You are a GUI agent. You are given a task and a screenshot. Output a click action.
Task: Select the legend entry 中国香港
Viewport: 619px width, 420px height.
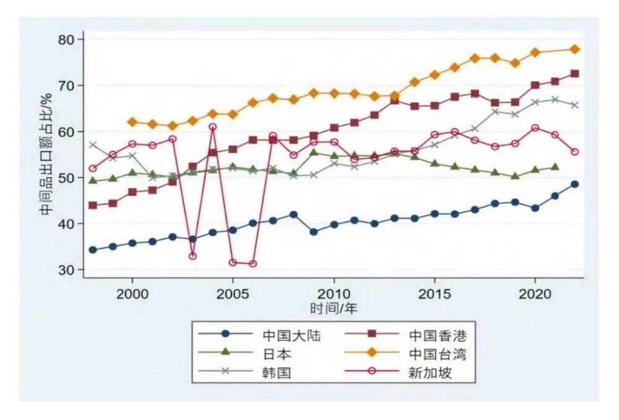pyautogui.click(x=437, y=335)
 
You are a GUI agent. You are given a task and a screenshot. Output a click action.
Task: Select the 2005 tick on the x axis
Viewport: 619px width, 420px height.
pyautogui.click(x=233, y=292)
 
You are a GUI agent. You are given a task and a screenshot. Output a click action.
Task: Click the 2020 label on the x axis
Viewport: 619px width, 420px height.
pyautogui.click(x=535, y=292)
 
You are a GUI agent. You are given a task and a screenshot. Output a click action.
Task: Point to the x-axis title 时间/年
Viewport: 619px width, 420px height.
pyautogui.click(x=334, y=307)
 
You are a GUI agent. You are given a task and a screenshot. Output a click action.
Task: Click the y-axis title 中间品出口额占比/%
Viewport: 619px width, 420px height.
pyautogui.click(x=45, y=155)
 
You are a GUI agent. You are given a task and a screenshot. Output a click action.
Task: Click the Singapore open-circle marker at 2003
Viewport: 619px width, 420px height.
pyautogui.click(x=193, y=256)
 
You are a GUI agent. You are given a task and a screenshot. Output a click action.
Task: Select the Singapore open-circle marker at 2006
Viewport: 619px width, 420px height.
pyautogui.click(x=253, y=263)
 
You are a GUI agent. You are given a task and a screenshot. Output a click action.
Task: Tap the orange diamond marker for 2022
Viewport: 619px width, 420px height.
pyautogui.click(x=575, y=49)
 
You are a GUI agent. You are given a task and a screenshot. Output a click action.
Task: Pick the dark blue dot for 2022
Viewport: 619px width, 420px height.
pyautogui.click(x=575, y=184)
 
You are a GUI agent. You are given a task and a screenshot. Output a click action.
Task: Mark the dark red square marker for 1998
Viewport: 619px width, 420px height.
pyautogui.click(x=93, y=206)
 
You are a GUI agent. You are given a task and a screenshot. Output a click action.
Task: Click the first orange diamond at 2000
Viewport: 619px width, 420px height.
pyautogui.click(x=132, y=122)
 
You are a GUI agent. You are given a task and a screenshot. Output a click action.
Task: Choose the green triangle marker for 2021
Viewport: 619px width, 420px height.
pyautogui.click(x=555, y=167)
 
